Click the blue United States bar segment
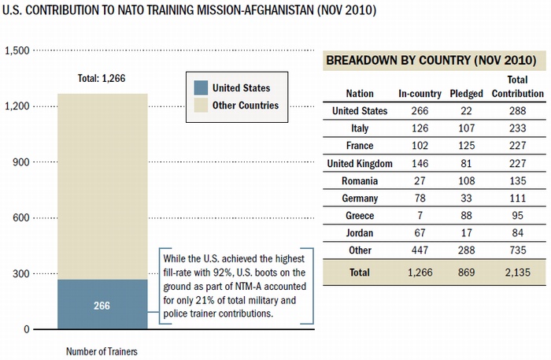[x=102, y=304]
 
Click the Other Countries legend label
[x=246, y=105]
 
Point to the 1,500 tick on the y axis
[x=17, y=50]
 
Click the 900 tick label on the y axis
[x=20, y=162]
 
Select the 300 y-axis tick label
[x=20, y=274]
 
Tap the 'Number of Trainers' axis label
[x=102, y=351]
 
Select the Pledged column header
[x=466, y=94]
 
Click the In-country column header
[x=420, y=94]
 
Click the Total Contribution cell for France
[x=517, y=146]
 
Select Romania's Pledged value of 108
[x=466, y=180]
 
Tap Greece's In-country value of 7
[x=420, y=216]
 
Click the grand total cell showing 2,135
[x=517, y=272]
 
